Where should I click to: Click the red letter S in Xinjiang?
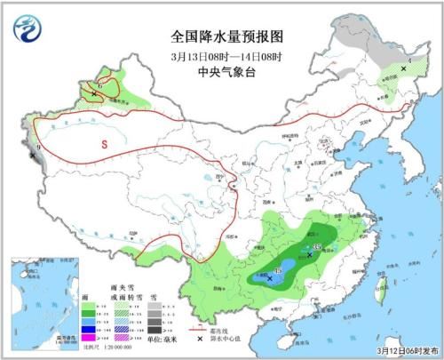coord(104,143)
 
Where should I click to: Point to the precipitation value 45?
coord(278,270)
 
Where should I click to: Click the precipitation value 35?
coord(317,246)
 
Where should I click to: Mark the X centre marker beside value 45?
coord(270,277)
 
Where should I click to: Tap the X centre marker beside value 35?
coord(309,254)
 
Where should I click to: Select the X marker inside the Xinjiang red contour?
coord(94,92)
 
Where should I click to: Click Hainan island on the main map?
coord(282,333)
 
